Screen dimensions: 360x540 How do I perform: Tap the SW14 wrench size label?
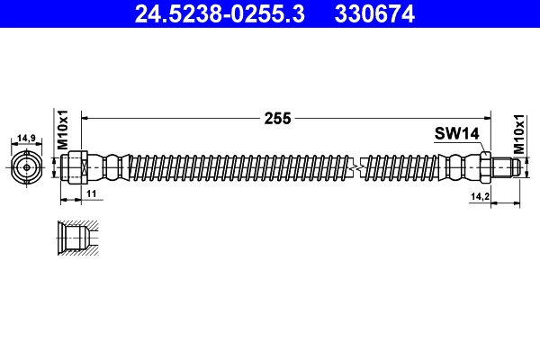457,134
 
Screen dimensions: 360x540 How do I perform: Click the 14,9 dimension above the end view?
27,139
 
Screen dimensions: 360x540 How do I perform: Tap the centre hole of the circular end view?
27,167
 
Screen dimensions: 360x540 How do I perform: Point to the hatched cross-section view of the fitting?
74,238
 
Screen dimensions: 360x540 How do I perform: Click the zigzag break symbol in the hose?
359,167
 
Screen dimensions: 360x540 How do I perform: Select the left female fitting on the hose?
75,167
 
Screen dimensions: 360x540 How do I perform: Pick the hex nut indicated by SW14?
484,167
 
